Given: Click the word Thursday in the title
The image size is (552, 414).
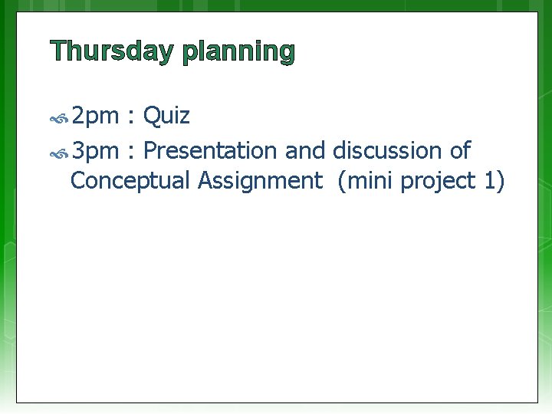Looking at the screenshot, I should pyautogui.click(x=113, y=51).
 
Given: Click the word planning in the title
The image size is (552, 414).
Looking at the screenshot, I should pyautogui.click(x=238, y=53).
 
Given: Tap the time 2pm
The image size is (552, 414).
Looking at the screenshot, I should pyautogui.click(x=95, y=117).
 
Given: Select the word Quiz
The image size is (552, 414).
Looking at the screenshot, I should pyautogui.click(x=166, y=117).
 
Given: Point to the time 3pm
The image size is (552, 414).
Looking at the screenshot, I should pyautogui.click(x=95, y=150).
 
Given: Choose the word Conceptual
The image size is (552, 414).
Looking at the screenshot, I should pyautogui.click(x=130, y=181).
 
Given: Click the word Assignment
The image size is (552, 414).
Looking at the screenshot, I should pyautogui.click(x=260, y=182).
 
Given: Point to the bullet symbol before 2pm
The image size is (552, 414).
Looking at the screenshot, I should pyautogui.click(x=59, y=119).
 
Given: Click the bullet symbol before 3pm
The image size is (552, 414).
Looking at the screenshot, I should pyautogui.click(x=59, y=152).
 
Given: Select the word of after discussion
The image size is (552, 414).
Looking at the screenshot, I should pyautogui.click(x=460, y=150).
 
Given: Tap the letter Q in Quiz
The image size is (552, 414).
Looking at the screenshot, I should pyautogui.click(x=151, y=117).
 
